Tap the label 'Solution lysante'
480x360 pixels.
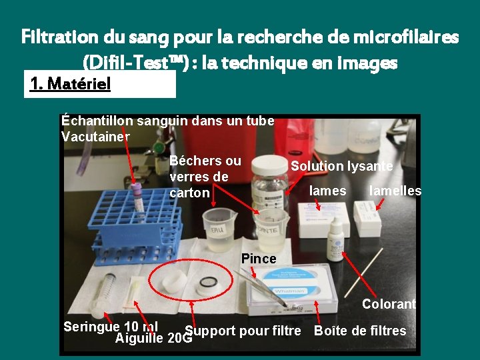point(341,166)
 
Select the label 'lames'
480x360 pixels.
point(328,191)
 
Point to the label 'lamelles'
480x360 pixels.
point(395,191)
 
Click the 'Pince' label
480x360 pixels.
point(259,258)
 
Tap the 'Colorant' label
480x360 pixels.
point(389,304)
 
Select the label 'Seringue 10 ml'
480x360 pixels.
point(110,326)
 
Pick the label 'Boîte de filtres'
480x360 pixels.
point(360,331)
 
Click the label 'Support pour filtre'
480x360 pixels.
point(243,331)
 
